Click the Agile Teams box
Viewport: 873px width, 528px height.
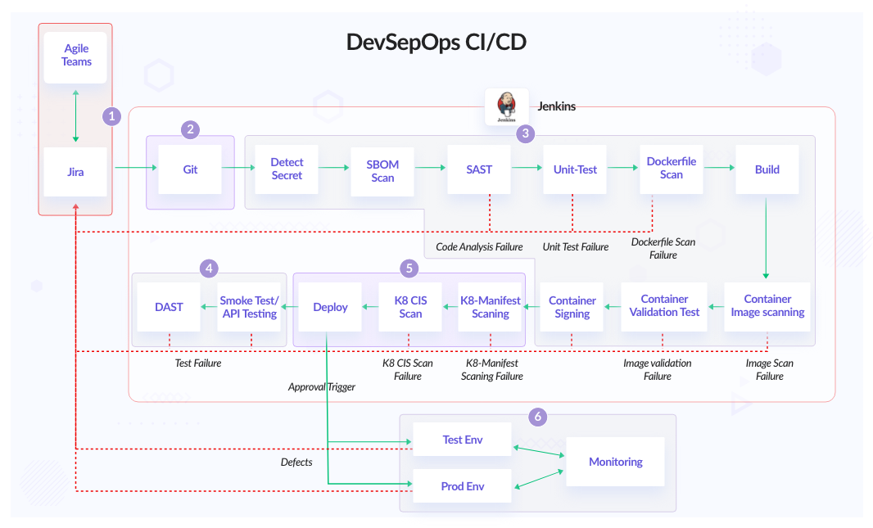pos(75,56)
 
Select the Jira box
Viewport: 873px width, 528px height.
pos(75,172)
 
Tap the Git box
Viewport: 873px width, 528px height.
pos(190,169)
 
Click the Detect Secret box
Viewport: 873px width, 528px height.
pos(287,169)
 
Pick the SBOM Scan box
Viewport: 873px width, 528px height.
pos(382,170)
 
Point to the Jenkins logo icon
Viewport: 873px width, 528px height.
pos(506,106)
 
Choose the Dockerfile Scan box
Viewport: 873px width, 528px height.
pos(671,169)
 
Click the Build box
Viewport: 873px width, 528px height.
pos(767,169)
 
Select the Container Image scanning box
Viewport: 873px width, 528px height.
pos(767,306)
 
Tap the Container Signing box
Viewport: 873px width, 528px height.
pos(572,307)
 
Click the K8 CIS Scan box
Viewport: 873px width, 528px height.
pos(410,307)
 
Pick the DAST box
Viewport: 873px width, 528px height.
pos(169,307)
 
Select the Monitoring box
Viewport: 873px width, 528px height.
pos(615,462)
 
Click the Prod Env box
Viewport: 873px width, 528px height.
pos(462,486)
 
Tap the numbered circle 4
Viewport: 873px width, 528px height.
pos(210,268)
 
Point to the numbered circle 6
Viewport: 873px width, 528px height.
pos(537,417)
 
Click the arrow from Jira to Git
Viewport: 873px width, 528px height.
pos(135,169)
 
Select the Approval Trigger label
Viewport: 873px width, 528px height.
pos(322,387)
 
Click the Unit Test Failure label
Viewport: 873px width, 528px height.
pos(575,246)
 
